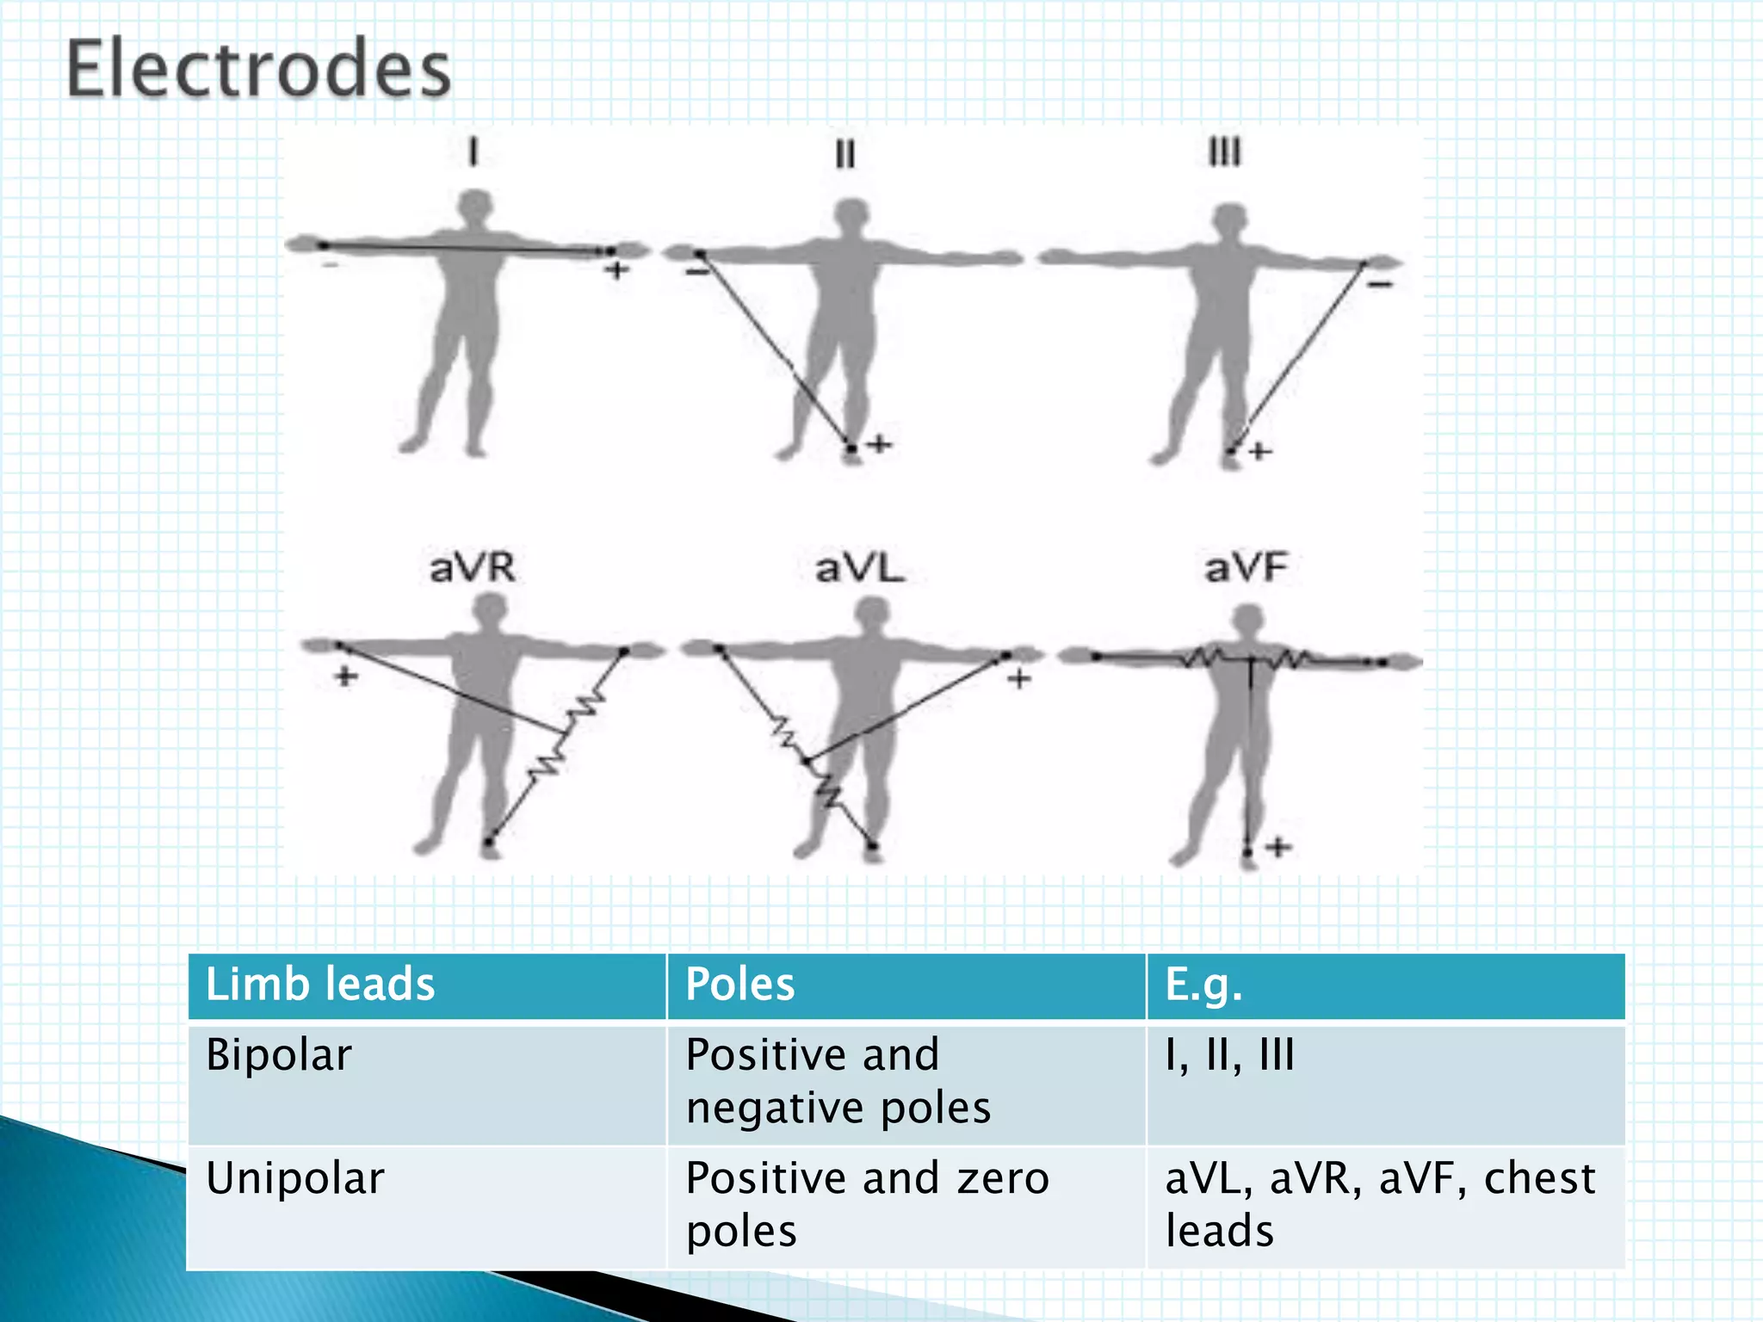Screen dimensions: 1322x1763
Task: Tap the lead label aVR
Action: pyautogui.click(x=472, y=568)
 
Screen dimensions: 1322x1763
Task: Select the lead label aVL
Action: pyautogui.click(x=859, y=568)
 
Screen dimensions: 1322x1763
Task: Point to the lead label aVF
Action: pyautogui.click(x=1246, y=568)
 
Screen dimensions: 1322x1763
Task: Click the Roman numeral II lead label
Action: pyautogui.click(x=845, y=155)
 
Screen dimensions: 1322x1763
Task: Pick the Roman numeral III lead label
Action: pyautogui.click(x=1224, y=153)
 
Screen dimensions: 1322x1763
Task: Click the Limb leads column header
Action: pyautogui.click(x=320, y=985)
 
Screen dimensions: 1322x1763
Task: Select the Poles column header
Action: pyautogui.click(x=739, y=985)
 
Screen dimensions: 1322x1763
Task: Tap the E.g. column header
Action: pyautogui.click(x=1203, y=985)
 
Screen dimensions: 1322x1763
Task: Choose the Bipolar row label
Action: pyautogui.click(x=279, y=1055)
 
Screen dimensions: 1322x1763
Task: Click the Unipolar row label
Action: pyautogui.click(x=294, y=1178)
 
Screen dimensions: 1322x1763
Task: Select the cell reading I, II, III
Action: pyautogui.click(x=1229, y=1055)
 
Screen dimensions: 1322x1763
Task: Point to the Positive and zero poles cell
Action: pyautogui.click(x=867, y=1204)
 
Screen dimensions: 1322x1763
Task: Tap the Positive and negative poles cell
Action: pyautogui.click(x=838, y=1081)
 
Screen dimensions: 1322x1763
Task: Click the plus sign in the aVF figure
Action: pyautogui.click(x=1278, y=847)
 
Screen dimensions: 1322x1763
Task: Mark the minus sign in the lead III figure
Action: pyautogui.click(x=1380, y=284)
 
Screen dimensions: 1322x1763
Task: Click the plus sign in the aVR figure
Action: pyautogui.click(x=346, y=676)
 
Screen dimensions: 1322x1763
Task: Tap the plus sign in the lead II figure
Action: pyautogui.click(x=879, y=445)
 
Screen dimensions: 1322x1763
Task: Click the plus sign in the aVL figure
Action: pyautogui.click(x=1019, y=679)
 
